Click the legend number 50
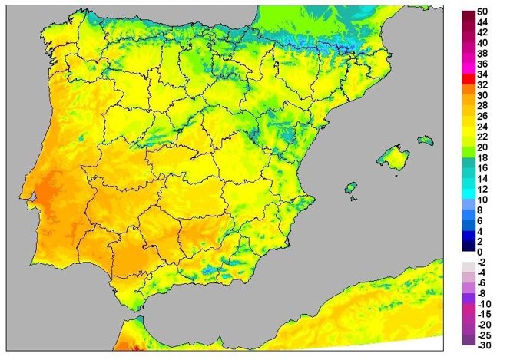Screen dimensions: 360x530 coord(483,13)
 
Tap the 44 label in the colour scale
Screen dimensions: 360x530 coord(483,24)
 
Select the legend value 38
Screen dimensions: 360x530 coord(483,54)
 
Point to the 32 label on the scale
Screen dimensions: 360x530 coord(483,85)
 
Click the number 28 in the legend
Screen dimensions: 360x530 coord(483,106)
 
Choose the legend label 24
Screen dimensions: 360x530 coord(483,127)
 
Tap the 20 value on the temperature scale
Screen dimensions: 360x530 coord(483,147)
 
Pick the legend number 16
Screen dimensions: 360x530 coord(483,168)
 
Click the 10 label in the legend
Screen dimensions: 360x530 coord(483,200)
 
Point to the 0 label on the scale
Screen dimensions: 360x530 coord(480,252)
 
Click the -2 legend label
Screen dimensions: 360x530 coord(482,263)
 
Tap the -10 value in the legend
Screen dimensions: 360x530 coord(483,304)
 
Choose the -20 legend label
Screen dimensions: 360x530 coord(483,325)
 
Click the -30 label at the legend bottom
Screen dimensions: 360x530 coord(483,345)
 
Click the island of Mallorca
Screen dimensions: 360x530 coord(393,159)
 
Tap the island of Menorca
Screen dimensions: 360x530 coord(426,140)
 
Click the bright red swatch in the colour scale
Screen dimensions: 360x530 coord(468,78)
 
